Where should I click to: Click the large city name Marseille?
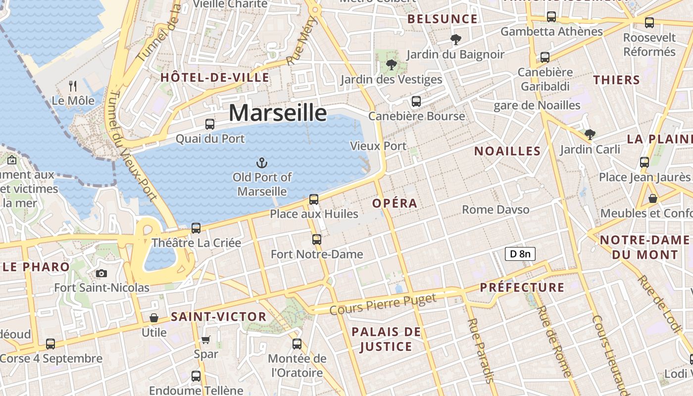click(278, 113)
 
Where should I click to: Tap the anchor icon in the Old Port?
click(261, 162)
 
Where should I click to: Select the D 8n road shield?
click(520, 254)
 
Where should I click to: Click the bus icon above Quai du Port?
click(210, 124)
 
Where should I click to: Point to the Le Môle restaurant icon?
click(73, 86)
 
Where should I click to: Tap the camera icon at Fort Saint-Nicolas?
click(101, 273)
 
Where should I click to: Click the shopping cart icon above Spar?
click(205, 340)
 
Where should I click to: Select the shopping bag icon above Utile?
click(154, 318)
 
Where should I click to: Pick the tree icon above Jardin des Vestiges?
click(391, 64)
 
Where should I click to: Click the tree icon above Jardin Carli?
click(590, 134)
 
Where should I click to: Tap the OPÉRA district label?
click(395, 203)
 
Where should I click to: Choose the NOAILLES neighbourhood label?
click(507, 151)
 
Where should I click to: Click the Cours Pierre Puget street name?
click(383, 304)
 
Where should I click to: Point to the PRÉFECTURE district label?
click(522, 288)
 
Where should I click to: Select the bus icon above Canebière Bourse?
click(416, 101)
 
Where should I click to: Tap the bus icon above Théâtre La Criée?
click(196, 228)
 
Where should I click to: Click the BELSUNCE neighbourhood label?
click(442, 19)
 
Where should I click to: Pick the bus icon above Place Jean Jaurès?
click(644, 162)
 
